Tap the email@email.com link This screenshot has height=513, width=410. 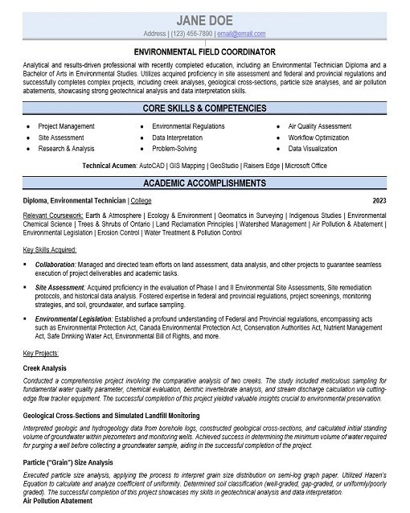point(241,34)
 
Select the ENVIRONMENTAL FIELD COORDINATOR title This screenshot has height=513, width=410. point(204,50)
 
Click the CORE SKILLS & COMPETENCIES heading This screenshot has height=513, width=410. point(204,108)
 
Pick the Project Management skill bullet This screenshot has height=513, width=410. point(66,126)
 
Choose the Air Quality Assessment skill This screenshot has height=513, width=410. point(319,126)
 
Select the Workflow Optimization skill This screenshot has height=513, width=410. point(318,137)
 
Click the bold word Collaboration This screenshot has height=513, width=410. point(55,264)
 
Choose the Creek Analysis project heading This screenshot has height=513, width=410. point(45,367)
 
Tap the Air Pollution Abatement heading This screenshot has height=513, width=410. point(58,501)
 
